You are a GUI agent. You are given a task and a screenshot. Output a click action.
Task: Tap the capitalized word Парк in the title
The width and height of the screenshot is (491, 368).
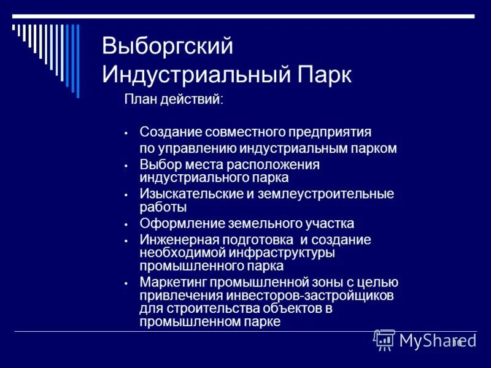[325, 75]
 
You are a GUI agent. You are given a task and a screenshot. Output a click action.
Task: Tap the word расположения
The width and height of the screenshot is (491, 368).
[274, 165]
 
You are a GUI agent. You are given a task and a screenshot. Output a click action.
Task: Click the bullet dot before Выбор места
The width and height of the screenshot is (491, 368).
[125, 166]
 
